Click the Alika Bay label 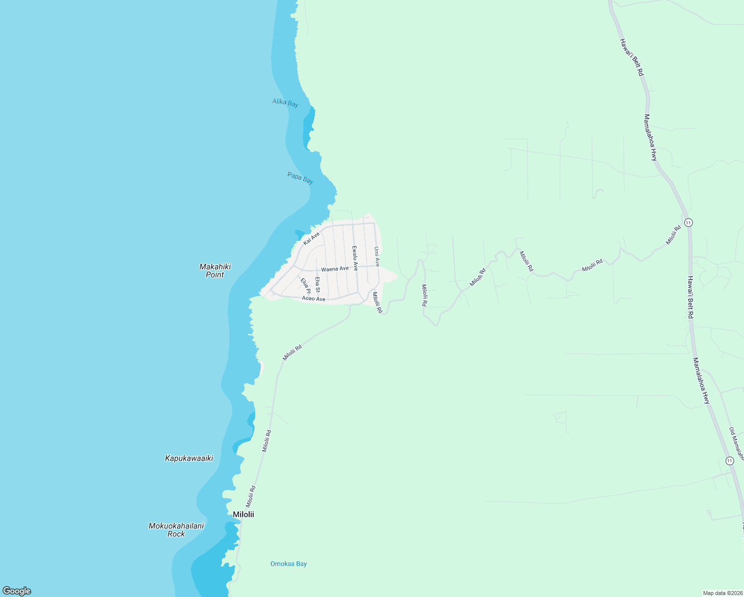coord(285,102)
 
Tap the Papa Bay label coord(300,178)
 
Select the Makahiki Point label coord(215,271)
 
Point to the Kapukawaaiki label coord(189,458)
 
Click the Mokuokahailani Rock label coord(176,530)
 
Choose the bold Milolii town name coord(243,514)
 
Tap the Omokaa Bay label coord(288,564)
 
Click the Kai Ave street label coord(311,238)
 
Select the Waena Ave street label coord(335,269)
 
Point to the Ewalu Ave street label coord(355,258)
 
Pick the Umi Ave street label coord(377,256)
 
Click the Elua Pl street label coord(305,286)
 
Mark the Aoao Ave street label coord(313,298)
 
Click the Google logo coord(17,591)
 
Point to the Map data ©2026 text coord(722,593)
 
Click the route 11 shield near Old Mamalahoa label coord(729,461)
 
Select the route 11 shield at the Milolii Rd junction coord(688,222)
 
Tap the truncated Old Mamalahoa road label coord(736,443)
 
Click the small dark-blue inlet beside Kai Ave coord(300,233)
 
